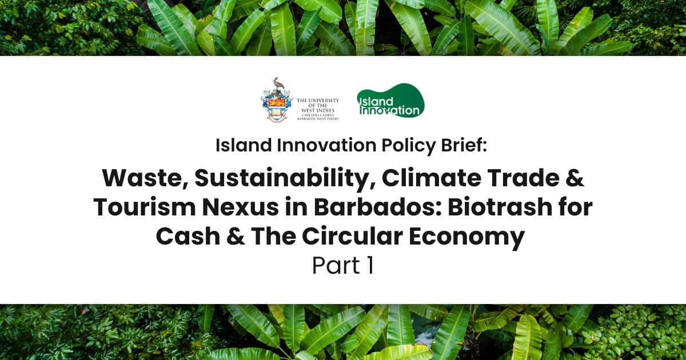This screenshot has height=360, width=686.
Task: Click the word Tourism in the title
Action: (145, 207)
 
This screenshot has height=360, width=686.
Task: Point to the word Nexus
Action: (240, 208)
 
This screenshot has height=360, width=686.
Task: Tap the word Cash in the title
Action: (188, 237)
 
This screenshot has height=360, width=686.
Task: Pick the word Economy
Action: (466, 238)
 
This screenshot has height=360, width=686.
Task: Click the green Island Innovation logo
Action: (390, 101)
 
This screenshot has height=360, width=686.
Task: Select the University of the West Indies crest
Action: (276, 99)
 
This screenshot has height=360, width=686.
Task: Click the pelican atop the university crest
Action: (278, 83)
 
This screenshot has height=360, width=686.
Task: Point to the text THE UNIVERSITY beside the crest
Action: (318, 101)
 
